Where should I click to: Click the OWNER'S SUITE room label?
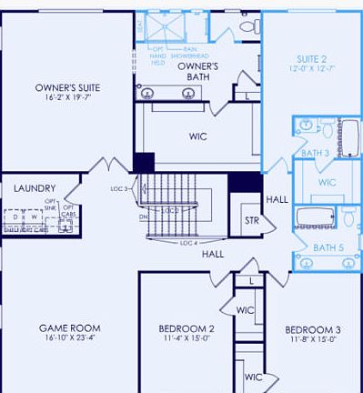coord(67,88)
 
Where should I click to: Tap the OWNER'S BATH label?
coord(197,72)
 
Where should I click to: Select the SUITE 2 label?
coord(311,58)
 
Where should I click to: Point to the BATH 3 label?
coord(314,153)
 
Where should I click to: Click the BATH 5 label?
coord(328,247)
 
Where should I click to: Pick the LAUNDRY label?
coord(35,188)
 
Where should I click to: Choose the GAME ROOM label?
coord(68,327)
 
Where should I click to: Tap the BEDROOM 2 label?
coord(187,328)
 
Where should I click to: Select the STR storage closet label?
coord(251,220)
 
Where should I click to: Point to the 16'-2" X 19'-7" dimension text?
coord(68,99)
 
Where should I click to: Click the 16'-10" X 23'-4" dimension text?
coord(68,338)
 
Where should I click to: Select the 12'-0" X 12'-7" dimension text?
coord(311,69)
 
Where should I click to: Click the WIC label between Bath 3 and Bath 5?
coord(328,183)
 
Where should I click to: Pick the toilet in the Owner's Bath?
coord(245,26)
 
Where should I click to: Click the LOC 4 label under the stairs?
coord(188,243)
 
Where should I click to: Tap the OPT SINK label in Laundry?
coord(51,204)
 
